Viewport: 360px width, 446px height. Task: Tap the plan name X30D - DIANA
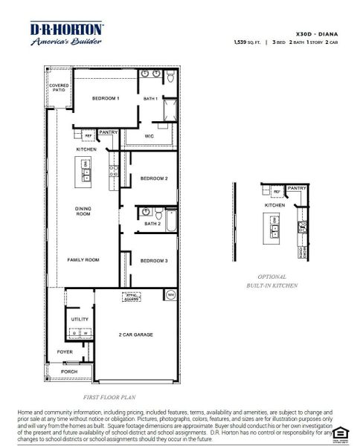[x=316, y=33]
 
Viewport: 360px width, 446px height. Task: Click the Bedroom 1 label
[x=106, y=98]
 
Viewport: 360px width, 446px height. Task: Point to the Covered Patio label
[x=59, y=88]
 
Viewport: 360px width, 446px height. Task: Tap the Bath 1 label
[x=150, y=98]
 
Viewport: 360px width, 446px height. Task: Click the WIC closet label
[x=149, y=138]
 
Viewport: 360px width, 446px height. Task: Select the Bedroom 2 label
[x=154, y=178]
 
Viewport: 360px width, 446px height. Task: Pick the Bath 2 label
[x=152, y=223]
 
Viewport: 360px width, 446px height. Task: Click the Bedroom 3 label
[x=154, y=260]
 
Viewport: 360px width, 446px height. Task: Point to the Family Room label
[x=83, y=260]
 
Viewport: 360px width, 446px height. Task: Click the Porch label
[x=69, y=371]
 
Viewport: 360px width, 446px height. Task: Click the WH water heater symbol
[x=170, y=295]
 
